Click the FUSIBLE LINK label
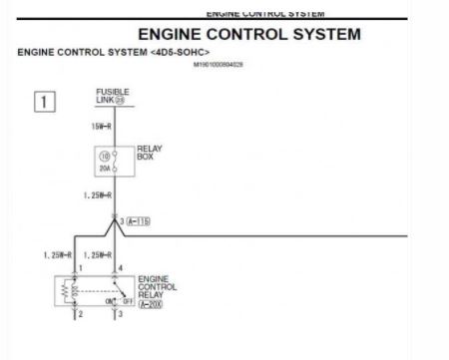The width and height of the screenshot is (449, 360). point(111,96)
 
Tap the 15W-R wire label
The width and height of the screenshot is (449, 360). point(100,127)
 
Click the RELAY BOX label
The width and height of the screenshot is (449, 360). point(149,154)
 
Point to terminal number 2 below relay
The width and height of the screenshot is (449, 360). point(80,315)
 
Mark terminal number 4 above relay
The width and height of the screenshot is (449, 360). point(121,268)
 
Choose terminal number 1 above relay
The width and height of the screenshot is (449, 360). point(80,268)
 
